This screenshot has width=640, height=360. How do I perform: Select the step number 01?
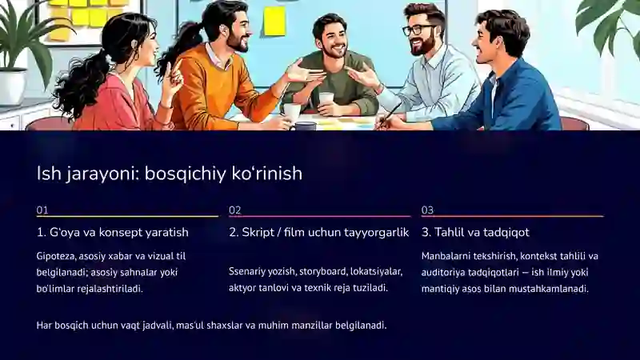tap(42, 210)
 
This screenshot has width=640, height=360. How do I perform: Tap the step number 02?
tap(234, 210)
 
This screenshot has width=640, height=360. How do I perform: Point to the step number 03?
tap(427, 210)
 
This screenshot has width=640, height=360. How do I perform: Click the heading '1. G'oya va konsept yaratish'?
tap(113, 233)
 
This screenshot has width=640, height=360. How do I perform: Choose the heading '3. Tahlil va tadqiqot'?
tap(475, 233)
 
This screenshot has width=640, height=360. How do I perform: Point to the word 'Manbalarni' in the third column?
tap(448, 256)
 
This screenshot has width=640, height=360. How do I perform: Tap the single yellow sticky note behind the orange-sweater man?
tap(274, 21)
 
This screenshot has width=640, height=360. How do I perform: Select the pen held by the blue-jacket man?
tap(391, 113)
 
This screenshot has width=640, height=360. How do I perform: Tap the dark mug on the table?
tap(305, 124)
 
